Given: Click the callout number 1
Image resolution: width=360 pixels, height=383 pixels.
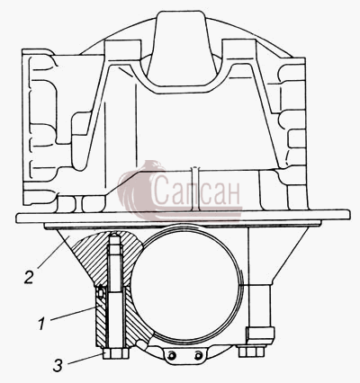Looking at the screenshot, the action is (41, 325).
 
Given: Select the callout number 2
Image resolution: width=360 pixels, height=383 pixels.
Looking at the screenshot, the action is (29, 277).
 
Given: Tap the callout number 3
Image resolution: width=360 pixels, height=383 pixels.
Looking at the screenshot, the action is (58, 365).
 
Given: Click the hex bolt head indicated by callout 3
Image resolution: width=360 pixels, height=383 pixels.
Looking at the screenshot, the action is (116, 353).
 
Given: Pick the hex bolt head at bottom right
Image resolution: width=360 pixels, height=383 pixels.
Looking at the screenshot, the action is (251, 352).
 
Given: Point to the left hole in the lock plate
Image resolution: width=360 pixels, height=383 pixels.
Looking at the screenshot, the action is (171, 356).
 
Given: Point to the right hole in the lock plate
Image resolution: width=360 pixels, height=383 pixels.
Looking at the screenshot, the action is (198, 356).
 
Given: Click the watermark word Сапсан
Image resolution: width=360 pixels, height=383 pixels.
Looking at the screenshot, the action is (196, 191).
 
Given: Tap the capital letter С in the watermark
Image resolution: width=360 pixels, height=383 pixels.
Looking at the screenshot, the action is (161, 191).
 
